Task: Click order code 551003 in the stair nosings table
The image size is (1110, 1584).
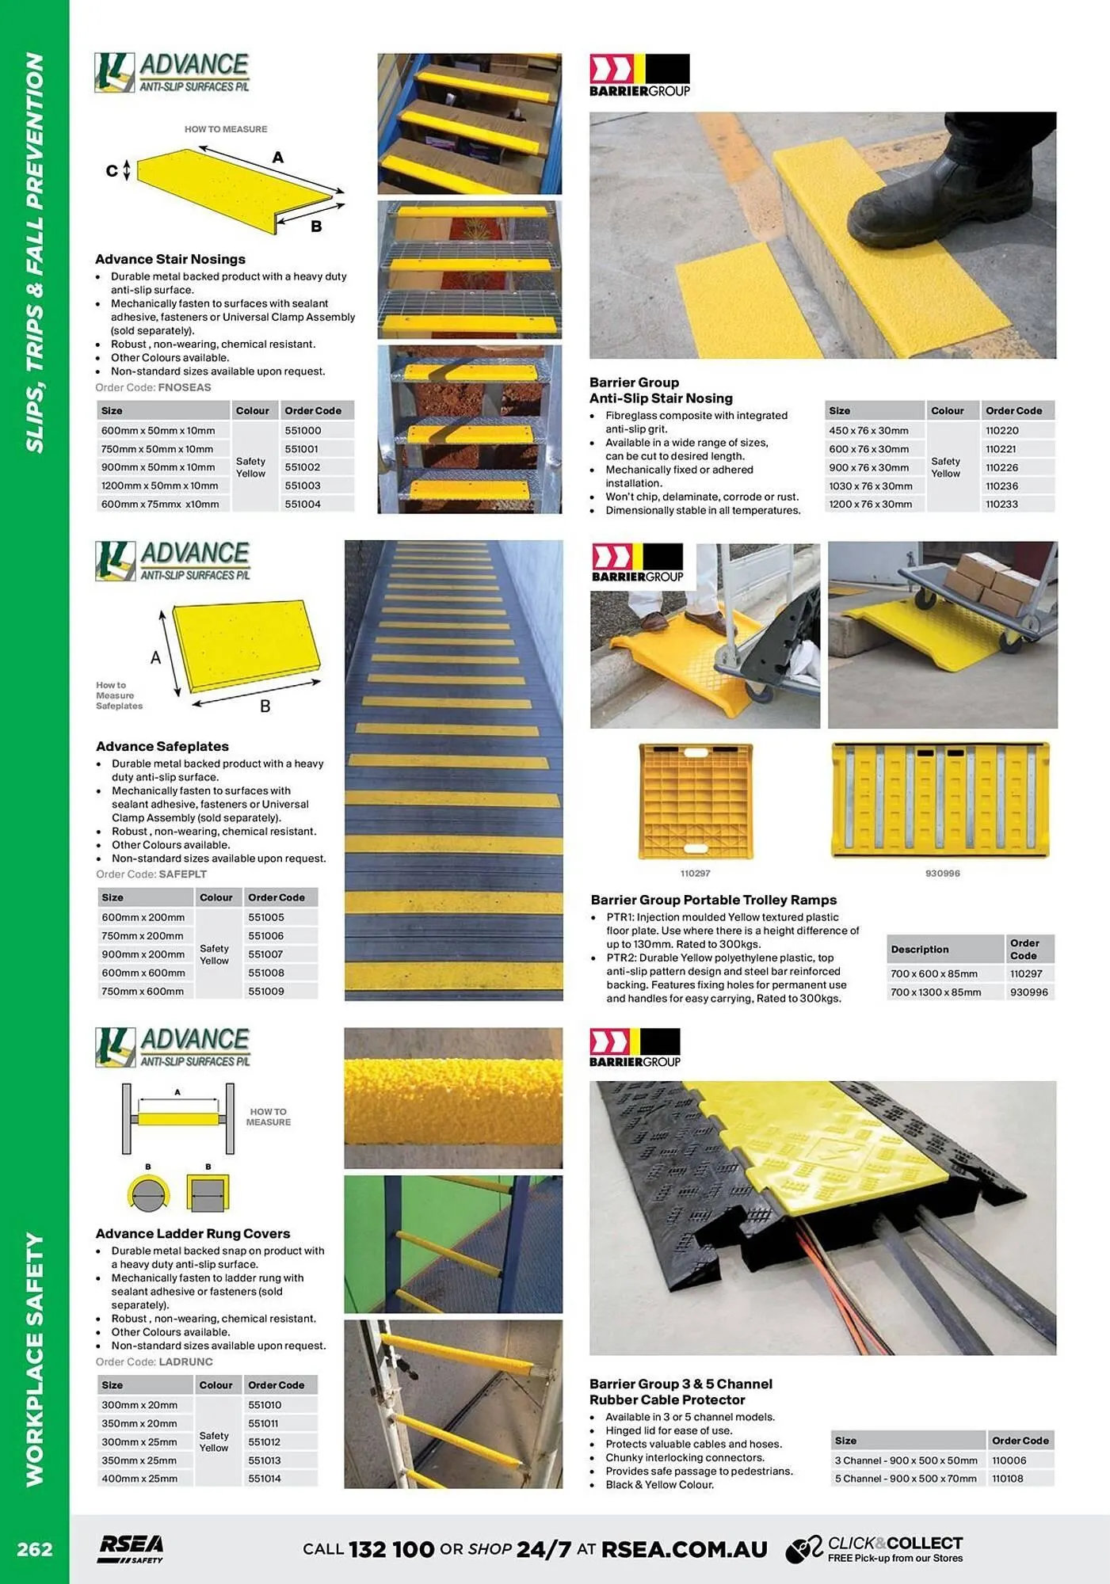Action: tap(303, 485)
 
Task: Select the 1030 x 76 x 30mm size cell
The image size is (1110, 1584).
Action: tap(870, 486)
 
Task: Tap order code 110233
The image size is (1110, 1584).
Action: tap(1001, 505)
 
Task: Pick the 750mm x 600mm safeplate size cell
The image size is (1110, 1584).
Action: tap(143, 992)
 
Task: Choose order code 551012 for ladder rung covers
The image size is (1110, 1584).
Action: tap(265, 1442)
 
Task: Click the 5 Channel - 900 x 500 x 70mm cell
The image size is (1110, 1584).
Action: tap(905, 1479)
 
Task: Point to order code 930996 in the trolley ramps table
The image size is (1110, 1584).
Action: tap(1028, 992)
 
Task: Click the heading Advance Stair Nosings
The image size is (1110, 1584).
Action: tap(170, 259)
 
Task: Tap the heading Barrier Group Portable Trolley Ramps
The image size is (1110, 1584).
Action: tap(713, 900)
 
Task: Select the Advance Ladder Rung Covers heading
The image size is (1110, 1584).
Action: tap(193, 1233)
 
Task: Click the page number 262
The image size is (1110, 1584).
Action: tap(35, 1549)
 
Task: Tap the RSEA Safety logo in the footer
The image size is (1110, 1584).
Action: tap(132, 1548)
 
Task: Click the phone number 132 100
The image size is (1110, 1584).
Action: tap(391, 1549)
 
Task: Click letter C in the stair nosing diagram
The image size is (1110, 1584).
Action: tap(112, 170)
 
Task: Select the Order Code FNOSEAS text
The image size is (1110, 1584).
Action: tap(153, 387)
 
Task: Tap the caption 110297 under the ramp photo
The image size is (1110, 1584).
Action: tap(695, 873)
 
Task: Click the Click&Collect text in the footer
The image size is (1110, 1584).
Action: tap(894, 1543)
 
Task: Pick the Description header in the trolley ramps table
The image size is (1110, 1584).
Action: tap(919, 949)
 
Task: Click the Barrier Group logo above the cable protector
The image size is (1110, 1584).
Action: tap(635, 1047)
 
